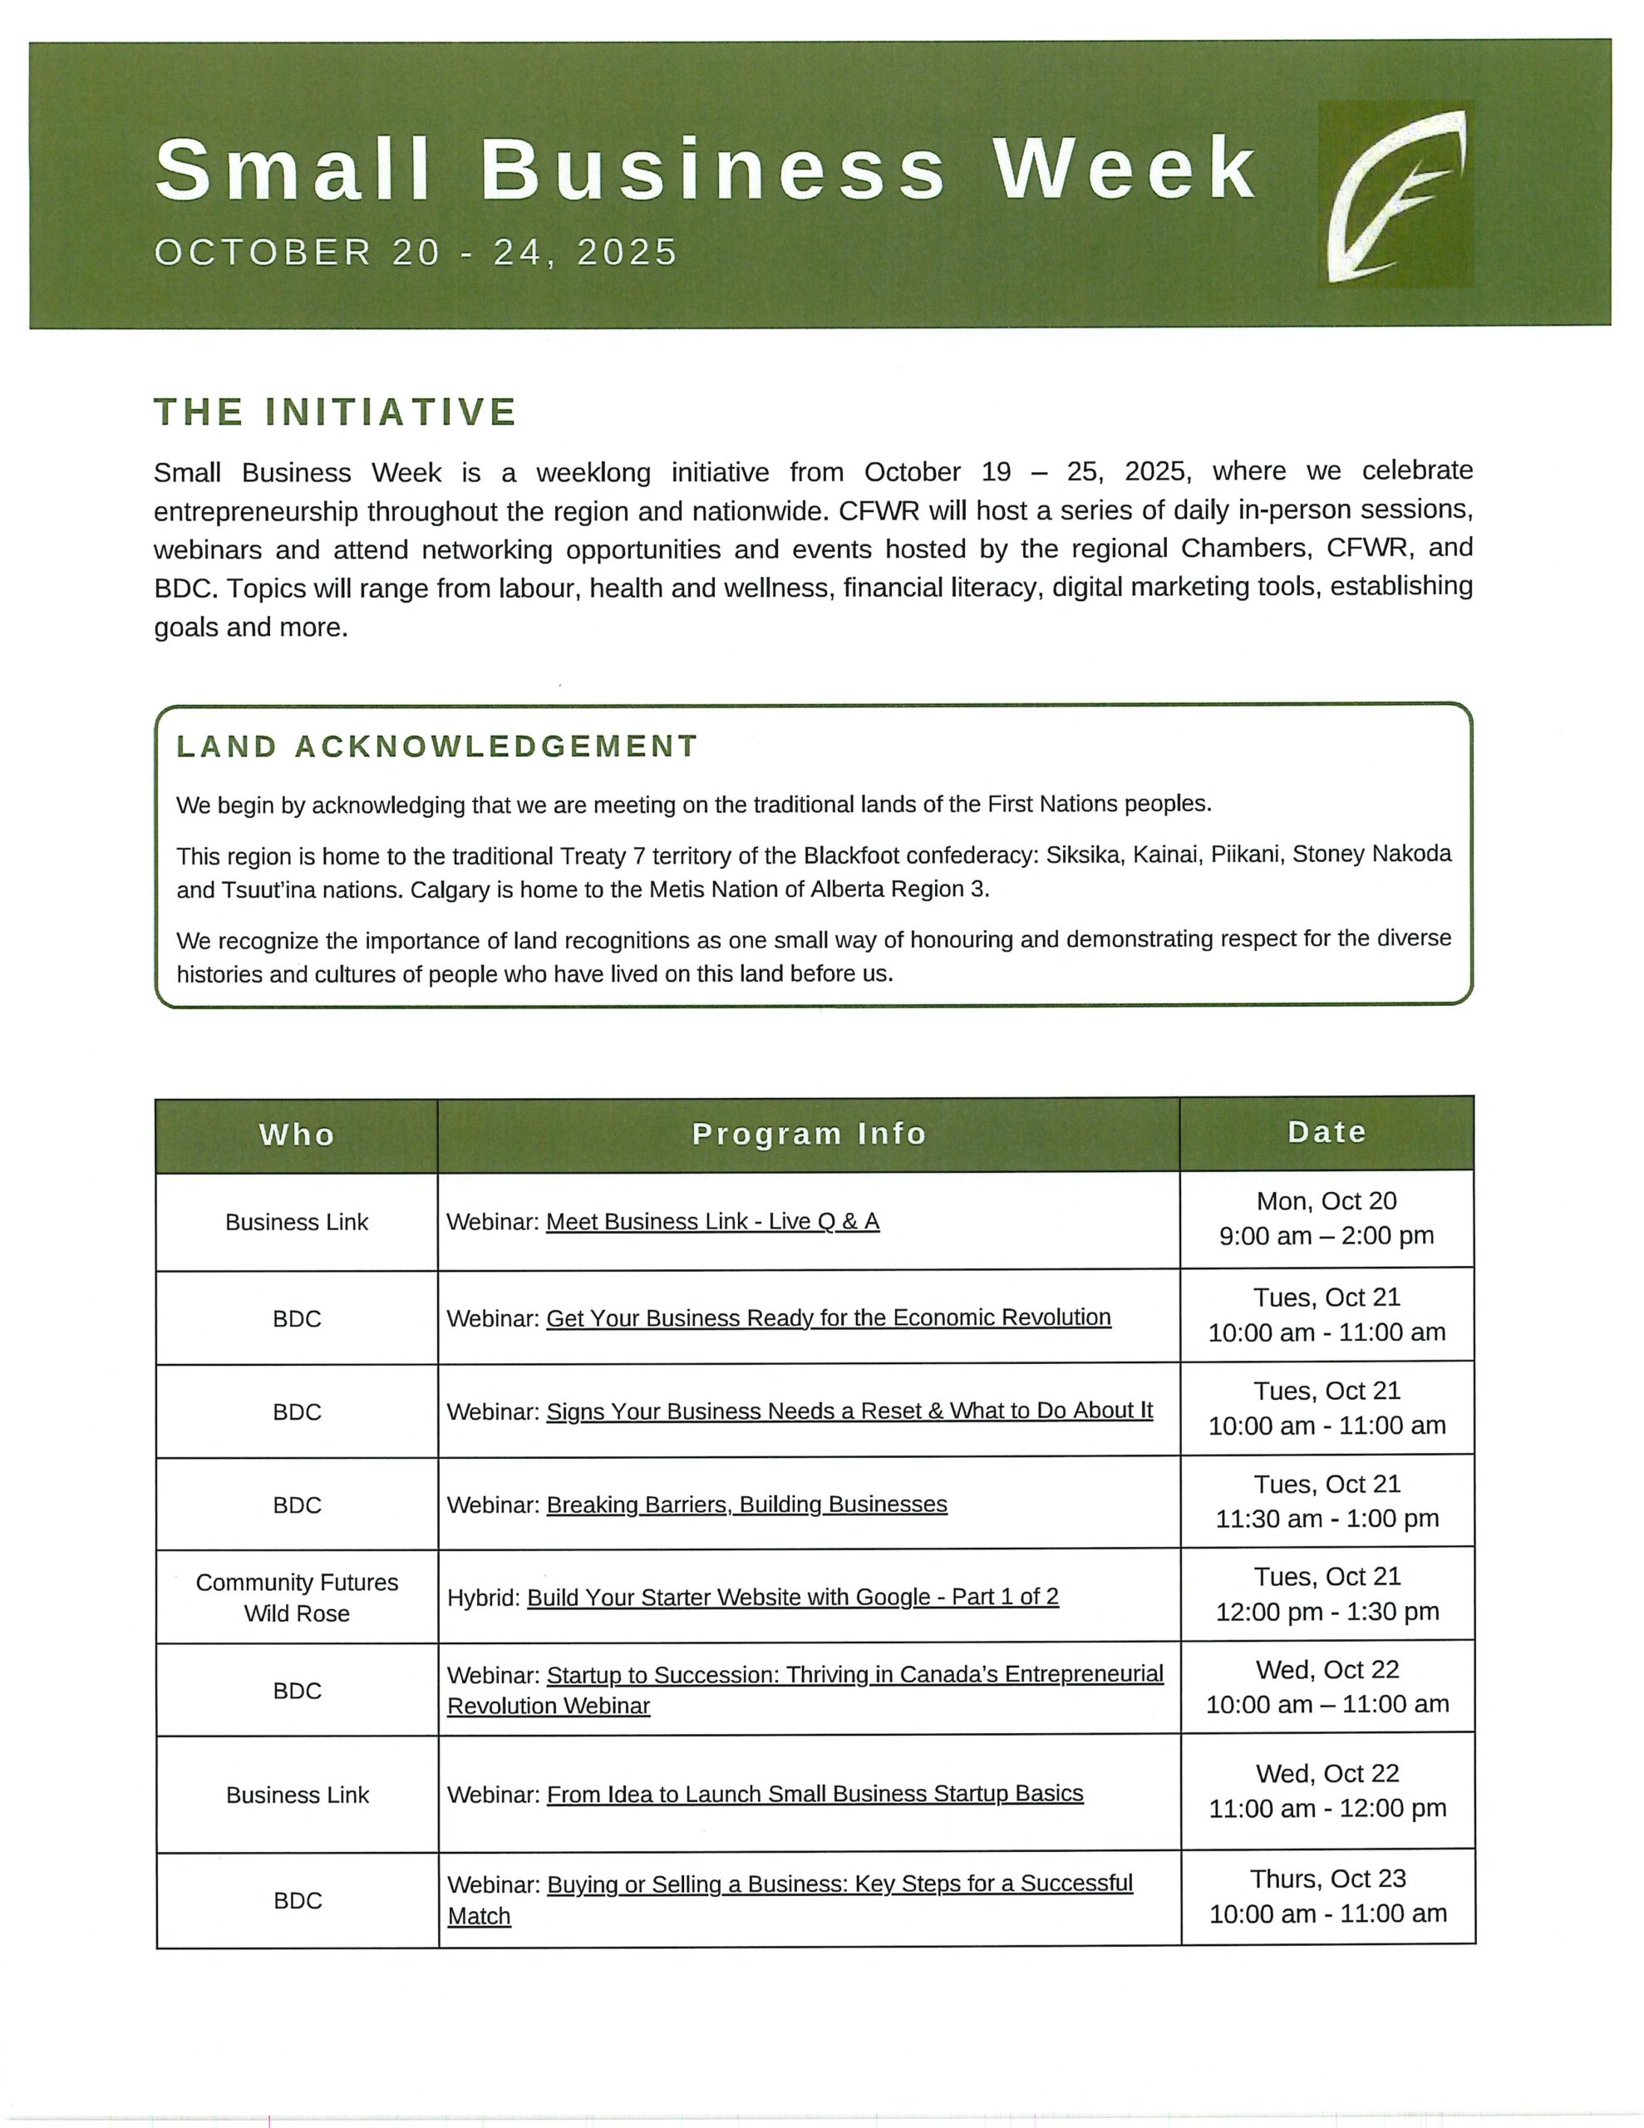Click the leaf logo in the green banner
[1395, 195]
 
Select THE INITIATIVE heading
[335, 412]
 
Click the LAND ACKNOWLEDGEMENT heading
[436, 747]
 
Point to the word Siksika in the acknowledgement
[1081, 855]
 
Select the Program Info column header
[808, 1134]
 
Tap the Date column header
[1327, 1132]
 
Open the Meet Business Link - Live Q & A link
[712, 1222]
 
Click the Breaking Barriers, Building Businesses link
[746, 1505]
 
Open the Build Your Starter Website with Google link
[792, 1597]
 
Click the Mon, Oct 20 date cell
[1327, 1219]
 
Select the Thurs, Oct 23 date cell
[1327, 1896]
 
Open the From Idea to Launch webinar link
[815, 1794]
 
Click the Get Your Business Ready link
[829, 1318]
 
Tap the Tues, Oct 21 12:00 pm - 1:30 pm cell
[1327, 1594]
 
